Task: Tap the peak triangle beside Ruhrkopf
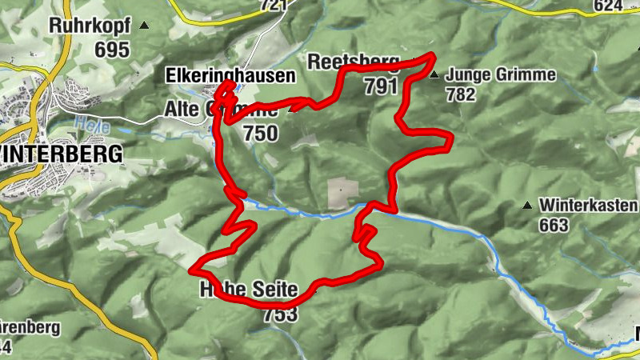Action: tap(144, 26)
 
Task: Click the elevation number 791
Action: tap(380, 86)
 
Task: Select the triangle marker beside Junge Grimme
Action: tap(434, 76)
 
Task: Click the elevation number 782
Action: tap(462, 94)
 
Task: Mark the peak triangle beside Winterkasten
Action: tap(526, 206)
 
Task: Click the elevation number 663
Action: tap(554, 225)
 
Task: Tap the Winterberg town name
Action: tap(62, 153)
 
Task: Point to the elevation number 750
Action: tap(261, 133)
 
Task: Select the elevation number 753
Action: tap(280, 313)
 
